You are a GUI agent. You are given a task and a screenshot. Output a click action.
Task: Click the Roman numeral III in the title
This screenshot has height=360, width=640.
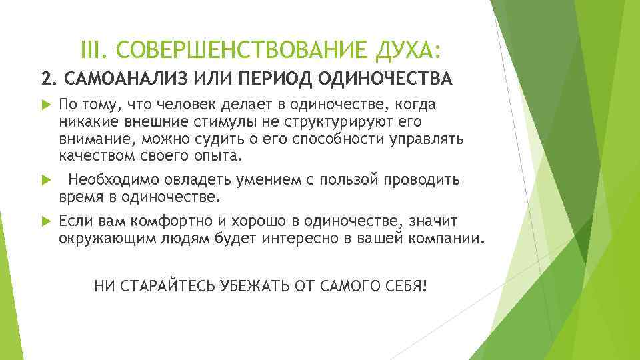[x=91, y=49]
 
